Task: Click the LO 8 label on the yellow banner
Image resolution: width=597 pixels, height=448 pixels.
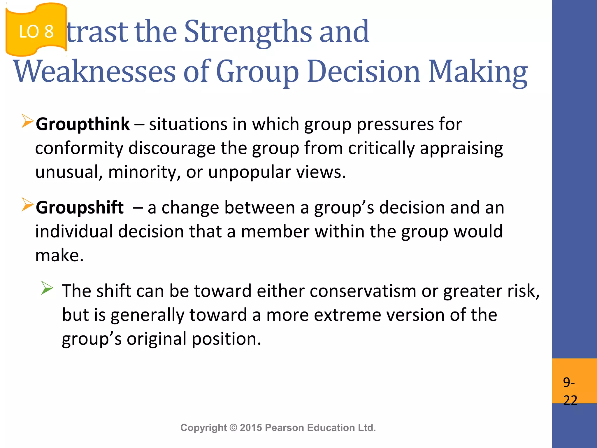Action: (36, 32)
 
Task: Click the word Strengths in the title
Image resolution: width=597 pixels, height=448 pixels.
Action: (248, 32)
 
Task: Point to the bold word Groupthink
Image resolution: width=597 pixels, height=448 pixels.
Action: (83, 124)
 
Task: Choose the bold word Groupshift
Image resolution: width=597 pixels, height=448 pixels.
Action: (80, 208)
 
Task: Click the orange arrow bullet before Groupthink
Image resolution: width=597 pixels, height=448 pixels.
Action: (27, 121)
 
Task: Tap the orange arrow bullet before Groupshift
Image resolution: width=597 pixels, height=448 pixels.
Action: (27, 204)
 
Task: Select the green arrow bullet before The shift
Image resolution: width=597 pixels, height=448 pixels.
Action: (47, 288)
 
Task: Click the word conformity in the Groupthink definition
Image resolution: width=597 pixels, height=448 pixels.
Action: (79, 148)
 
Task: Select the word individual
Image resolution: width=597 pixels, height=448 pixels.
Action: (74, 232)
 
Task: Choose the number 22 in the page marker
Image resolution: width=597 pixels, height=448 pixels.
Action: (570, 400)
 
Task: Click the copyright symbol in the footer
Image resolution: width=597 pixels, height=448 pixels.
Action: (233, 428)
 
